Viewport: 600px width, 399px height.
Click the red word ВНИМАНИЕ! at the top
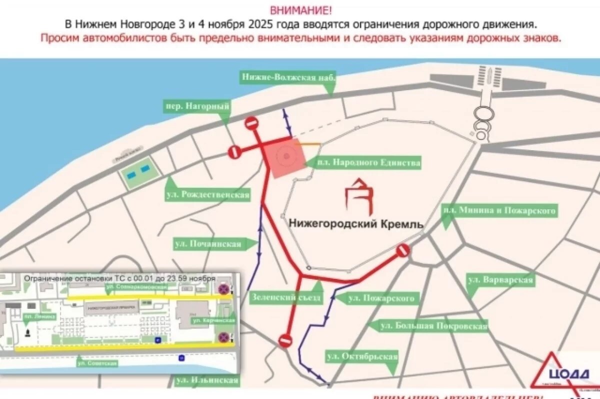pos(300,10)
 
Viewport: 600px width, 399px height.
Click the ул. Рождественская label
pos(207,195)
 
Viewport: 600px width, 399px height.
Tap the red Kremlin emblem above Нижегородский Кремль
pos(360,198)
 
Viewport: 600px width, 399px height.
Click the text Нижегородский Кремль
pos(356,224)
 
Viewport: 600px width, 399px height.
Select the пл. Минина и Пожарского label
pos(499,211)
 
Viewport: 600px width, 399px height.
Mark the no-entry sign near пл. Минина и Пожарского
pos(402,250)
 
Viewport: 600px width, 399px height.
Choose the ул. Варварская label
pos(500,280)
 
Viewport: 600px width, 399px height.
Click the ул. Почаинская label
pos(207,244)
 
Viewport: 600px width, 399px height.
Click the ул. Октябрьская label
pos(362,357)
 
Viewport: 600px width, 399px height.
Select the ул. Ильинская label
pos(207,381)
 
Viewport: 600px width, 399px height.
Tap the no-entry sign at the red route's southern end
pos(285,341)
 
